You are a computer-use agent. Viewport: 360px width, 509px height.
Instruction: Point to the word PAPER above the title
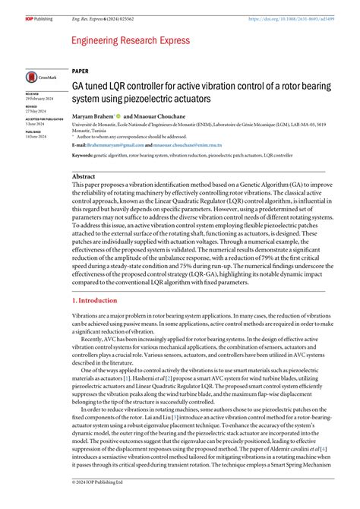(x=80, y=71)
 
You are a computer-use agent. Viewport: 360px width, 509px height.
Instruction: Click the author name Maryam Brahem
(x=93, y=115)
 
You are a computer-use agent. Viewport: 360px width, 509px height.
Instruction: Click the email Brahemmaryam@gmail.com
(x=115, y=144)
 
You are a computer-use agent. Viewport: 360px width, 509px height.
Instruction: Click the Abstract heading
(x=84, y=175)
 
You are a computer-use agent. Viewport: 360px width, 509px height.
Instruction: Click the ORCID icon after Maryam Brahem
(x=119, y=115)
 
